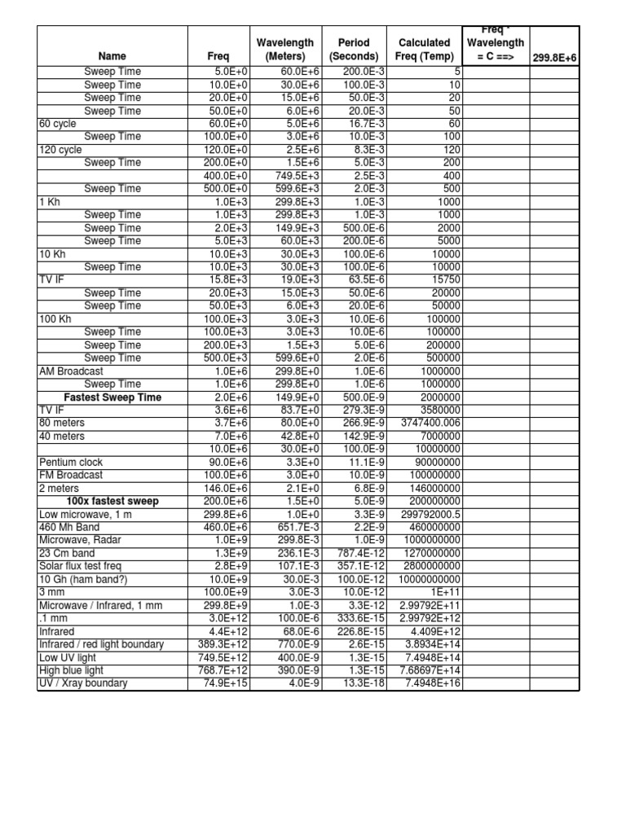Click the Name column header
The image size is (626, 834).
point(112,56)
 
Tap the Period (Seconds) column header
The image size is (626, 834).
point(354,49)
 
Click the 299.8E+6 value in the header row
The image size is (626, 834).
point(554,56)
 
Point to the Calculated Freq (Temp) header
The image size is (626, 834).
point(424,49)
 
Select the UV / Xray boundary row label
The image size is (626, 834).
point(83,683)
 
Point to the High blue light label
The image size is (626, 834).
point(71,670)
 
